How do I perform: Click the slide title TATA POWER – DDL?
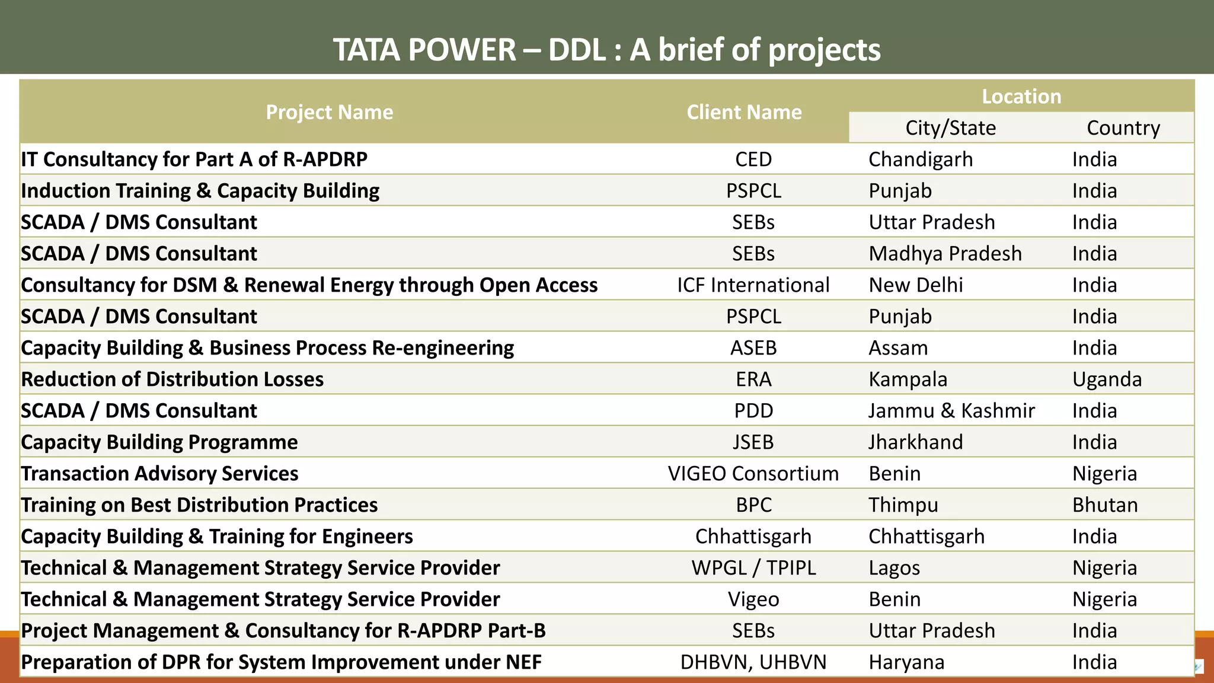tap(606, 49)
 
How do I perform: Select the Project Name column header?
tap(329, 112)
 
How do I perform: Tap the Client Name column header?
tap(744, 112)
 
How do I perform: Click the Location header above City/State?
tap(1021, 96)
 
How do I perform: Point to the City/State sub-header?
tap(950, 128)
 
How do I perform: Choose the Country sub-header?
tap(1123, 128)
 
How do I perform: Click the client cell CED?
tap(753, 159)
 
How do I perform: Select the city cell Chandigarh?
tap(921, 159)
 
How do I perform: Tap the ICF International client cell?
tap(753, 285)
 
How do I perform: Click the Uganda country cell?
tap(1107, 379)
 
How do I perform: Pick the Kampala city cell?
tap(908, 379)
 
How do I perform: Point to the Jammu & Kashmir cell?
tap(951, 411)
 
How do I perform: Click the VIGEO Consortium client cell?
tap(753, 474)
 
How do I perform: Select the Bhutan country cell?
tap(1105, 505)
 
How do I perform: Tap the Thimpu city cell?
tap(903, 505)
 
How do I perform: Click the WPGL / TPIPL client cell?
tap(753, 568)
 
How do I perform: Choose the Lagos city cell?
tap(894, 568)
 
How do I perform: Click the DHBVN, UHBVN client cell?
tap(753, 662)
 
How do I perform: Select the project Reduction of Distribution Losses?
tap(172, 379)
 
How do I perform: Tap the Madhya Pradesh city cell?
tap(945, 254)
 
